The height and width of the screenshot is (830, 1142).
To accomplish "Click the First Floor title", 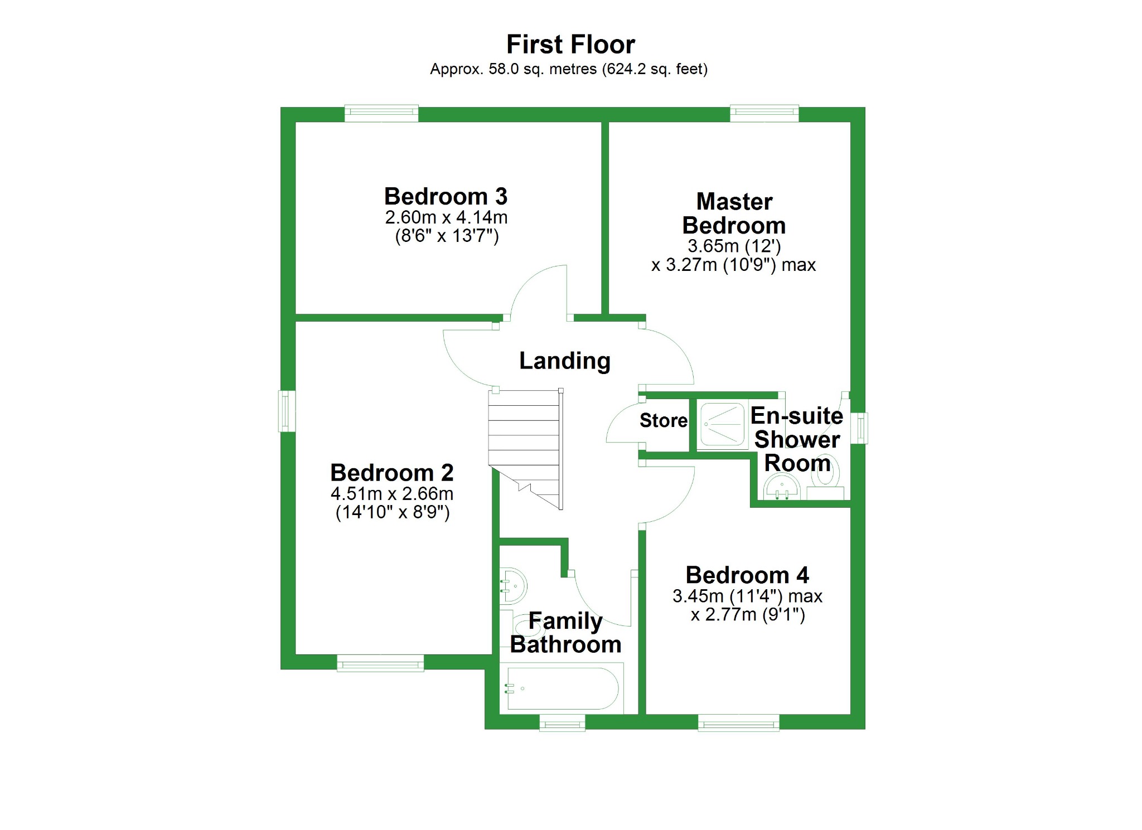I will click(x=570, y=45).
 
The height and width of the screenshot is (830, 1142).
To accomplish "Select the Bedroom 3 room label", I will click(x=446, y=196).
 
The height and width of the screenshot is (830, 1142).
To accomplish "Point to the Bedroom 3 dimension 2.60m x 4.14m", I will click(x=446, y=217).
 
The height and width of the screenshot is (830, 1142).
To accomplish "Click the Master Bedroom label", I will click(x=734, y=213).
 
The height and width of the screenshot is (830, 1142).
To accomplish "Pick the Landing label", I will click(x=564, y=361).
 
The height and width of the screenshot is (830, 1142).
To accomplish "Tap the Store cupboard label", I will click(x=663, y=420).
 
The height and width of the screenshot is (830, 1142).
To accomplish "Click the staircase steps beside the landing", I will click(x=524, y=435).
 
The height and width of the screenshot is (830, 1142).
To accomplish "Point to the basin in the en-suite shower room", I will click(x=782, y=488).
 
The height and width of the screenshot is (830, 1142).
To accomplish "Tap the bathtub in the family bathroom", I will click(x=562, y=688).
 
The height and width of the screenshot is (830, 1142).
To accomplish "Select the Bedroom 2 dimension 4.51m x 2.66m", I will click(x=392, y=494).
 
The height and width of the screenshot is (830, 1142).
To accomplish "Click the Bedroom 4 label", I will click(x=747, y=575).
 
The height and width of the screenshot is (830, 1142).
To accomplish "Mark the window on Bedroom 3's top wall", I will click(x=381, y=113).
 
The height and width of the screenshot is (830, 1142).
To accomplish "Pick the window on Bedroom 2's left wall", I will click(x=287, y=411).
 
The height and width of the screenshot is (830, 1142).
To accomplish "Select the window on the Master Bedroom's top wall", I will click(x=764, y=113).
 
